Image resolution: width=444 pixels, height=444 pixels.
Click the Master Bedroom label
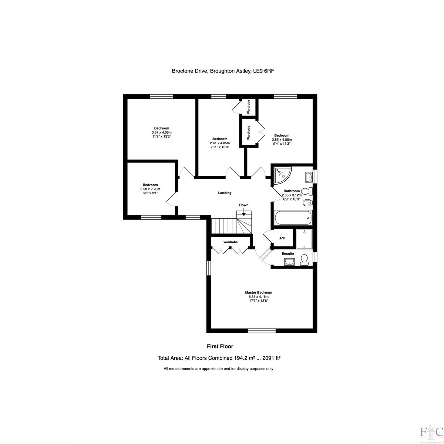(x=258, y=292)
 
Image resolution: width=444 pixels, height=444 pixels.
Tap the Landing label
(x=225, y=193)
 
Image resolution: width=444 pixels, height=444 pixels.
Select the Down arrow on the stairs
(x=244, y=213)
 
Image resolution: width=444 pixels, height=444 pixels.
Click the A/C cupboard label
(x=282, y=238)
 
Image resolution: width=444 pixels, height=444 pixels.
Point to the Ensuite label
(x=288, y=254)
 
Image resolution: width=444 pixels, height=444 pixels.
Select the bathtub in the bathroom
(x=293, y=218)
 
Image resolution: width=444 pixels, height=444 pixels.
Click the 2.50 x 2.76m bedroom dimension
(x=150, y=189)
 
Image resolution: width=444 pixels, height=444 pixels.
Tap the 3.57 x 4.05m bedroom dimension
(x=162, y=132)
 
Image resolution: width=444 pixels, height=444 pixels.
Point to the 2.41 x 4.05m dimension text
(x=220, y=143)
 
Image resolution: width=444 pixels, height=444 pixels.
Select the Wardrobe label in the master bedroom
(x=230, y=242)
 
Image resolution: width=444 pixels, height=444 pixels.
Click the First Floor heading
(x=220, y=346)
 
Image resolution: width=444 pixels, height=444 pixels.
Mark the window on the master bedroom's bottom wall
(x=262, y=331)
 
